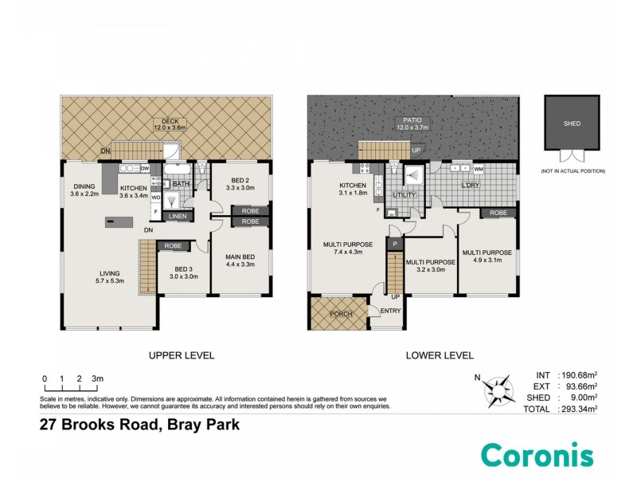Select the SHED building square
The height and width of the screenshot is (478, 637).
coord(572,123)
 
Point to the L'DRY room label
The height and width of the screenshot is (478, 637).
coord(474,186)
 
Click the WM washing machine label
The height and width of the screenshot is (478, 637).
coord(478,169)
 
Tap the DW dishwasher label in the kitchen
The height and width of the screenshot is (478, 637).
coord(145,169)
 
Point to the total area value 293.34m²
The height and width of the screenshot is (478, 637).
coord(580,409)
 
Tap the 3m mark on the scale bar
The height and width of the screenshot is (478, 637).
coord(99,378)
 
